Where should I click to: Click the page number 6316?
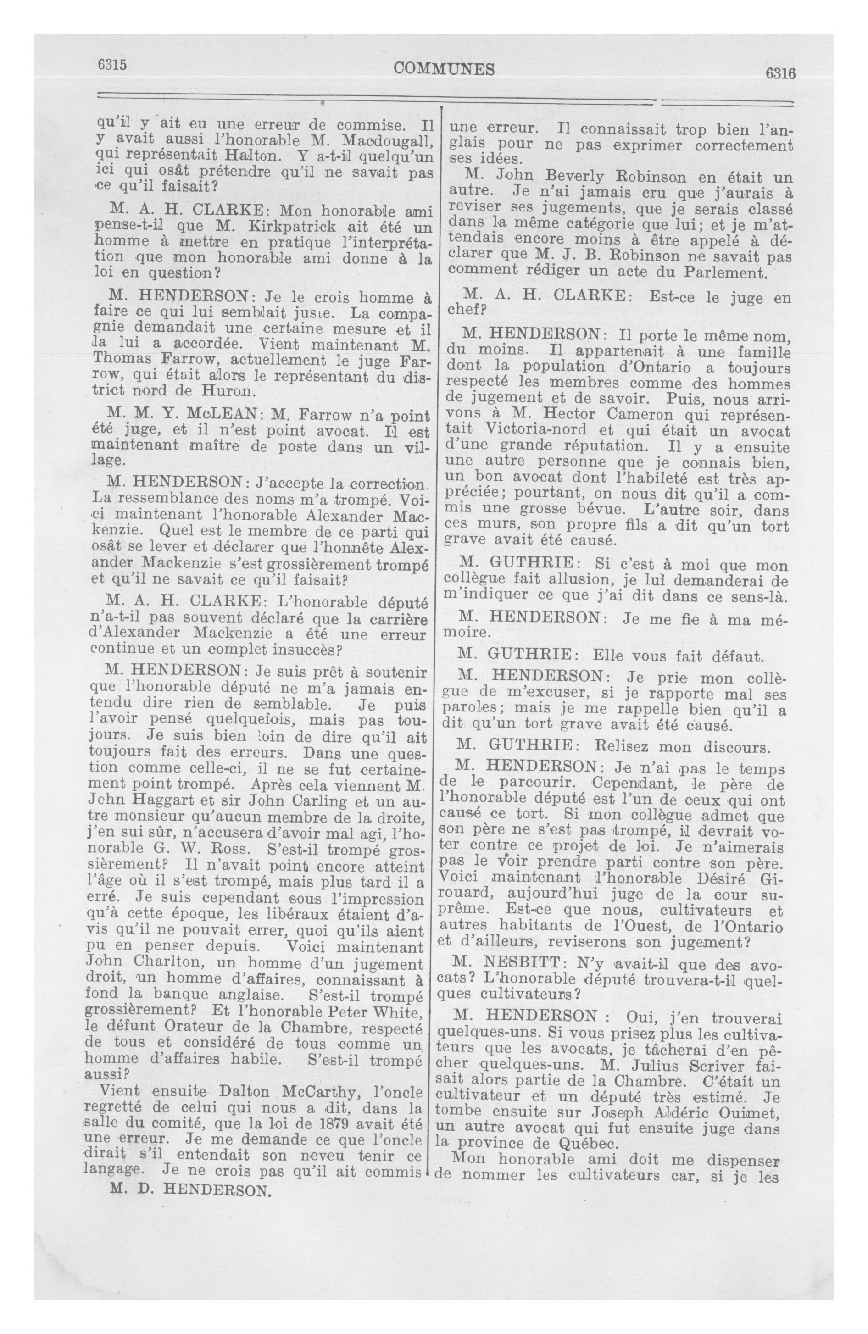pyautogui.click(x=777, y=73)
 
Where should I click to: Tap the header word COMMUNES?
pyautogui.click(x=445, y=69)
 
